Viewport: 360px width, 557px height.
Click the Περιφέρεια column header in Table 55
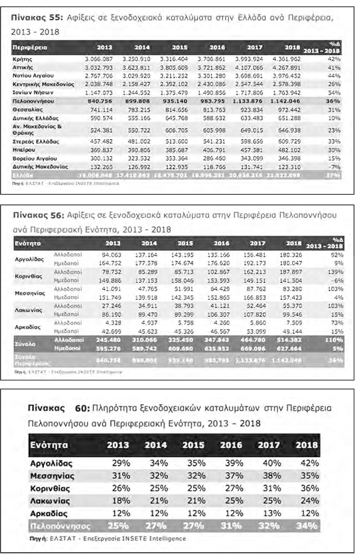point(30,47)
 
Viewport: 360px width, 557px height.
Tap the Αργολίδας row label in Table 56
point(29,259)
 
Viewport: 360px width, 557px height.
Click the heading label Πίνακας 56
point(40,214)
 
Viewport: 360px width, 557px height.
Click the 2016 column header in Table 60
point(232,445)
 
